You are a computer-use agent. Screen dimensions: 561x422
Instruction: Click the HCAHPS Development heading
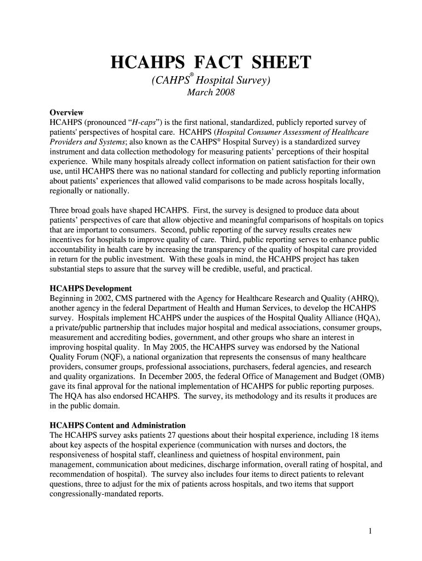[90, 288]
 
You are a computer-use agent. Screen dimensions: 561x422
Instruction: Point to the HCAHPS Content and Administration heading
[117, 425]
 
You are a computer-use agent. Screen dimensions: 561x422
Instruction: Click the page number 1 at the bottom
[371, 530]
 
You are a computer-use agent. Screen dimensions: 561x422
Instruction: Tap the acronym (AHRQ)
[363, 298]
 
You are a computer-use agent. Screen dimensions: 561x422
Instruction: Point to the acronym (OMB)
[372, 377]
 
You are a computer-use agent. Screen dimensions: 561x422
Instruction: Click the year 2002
[102, 298]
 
